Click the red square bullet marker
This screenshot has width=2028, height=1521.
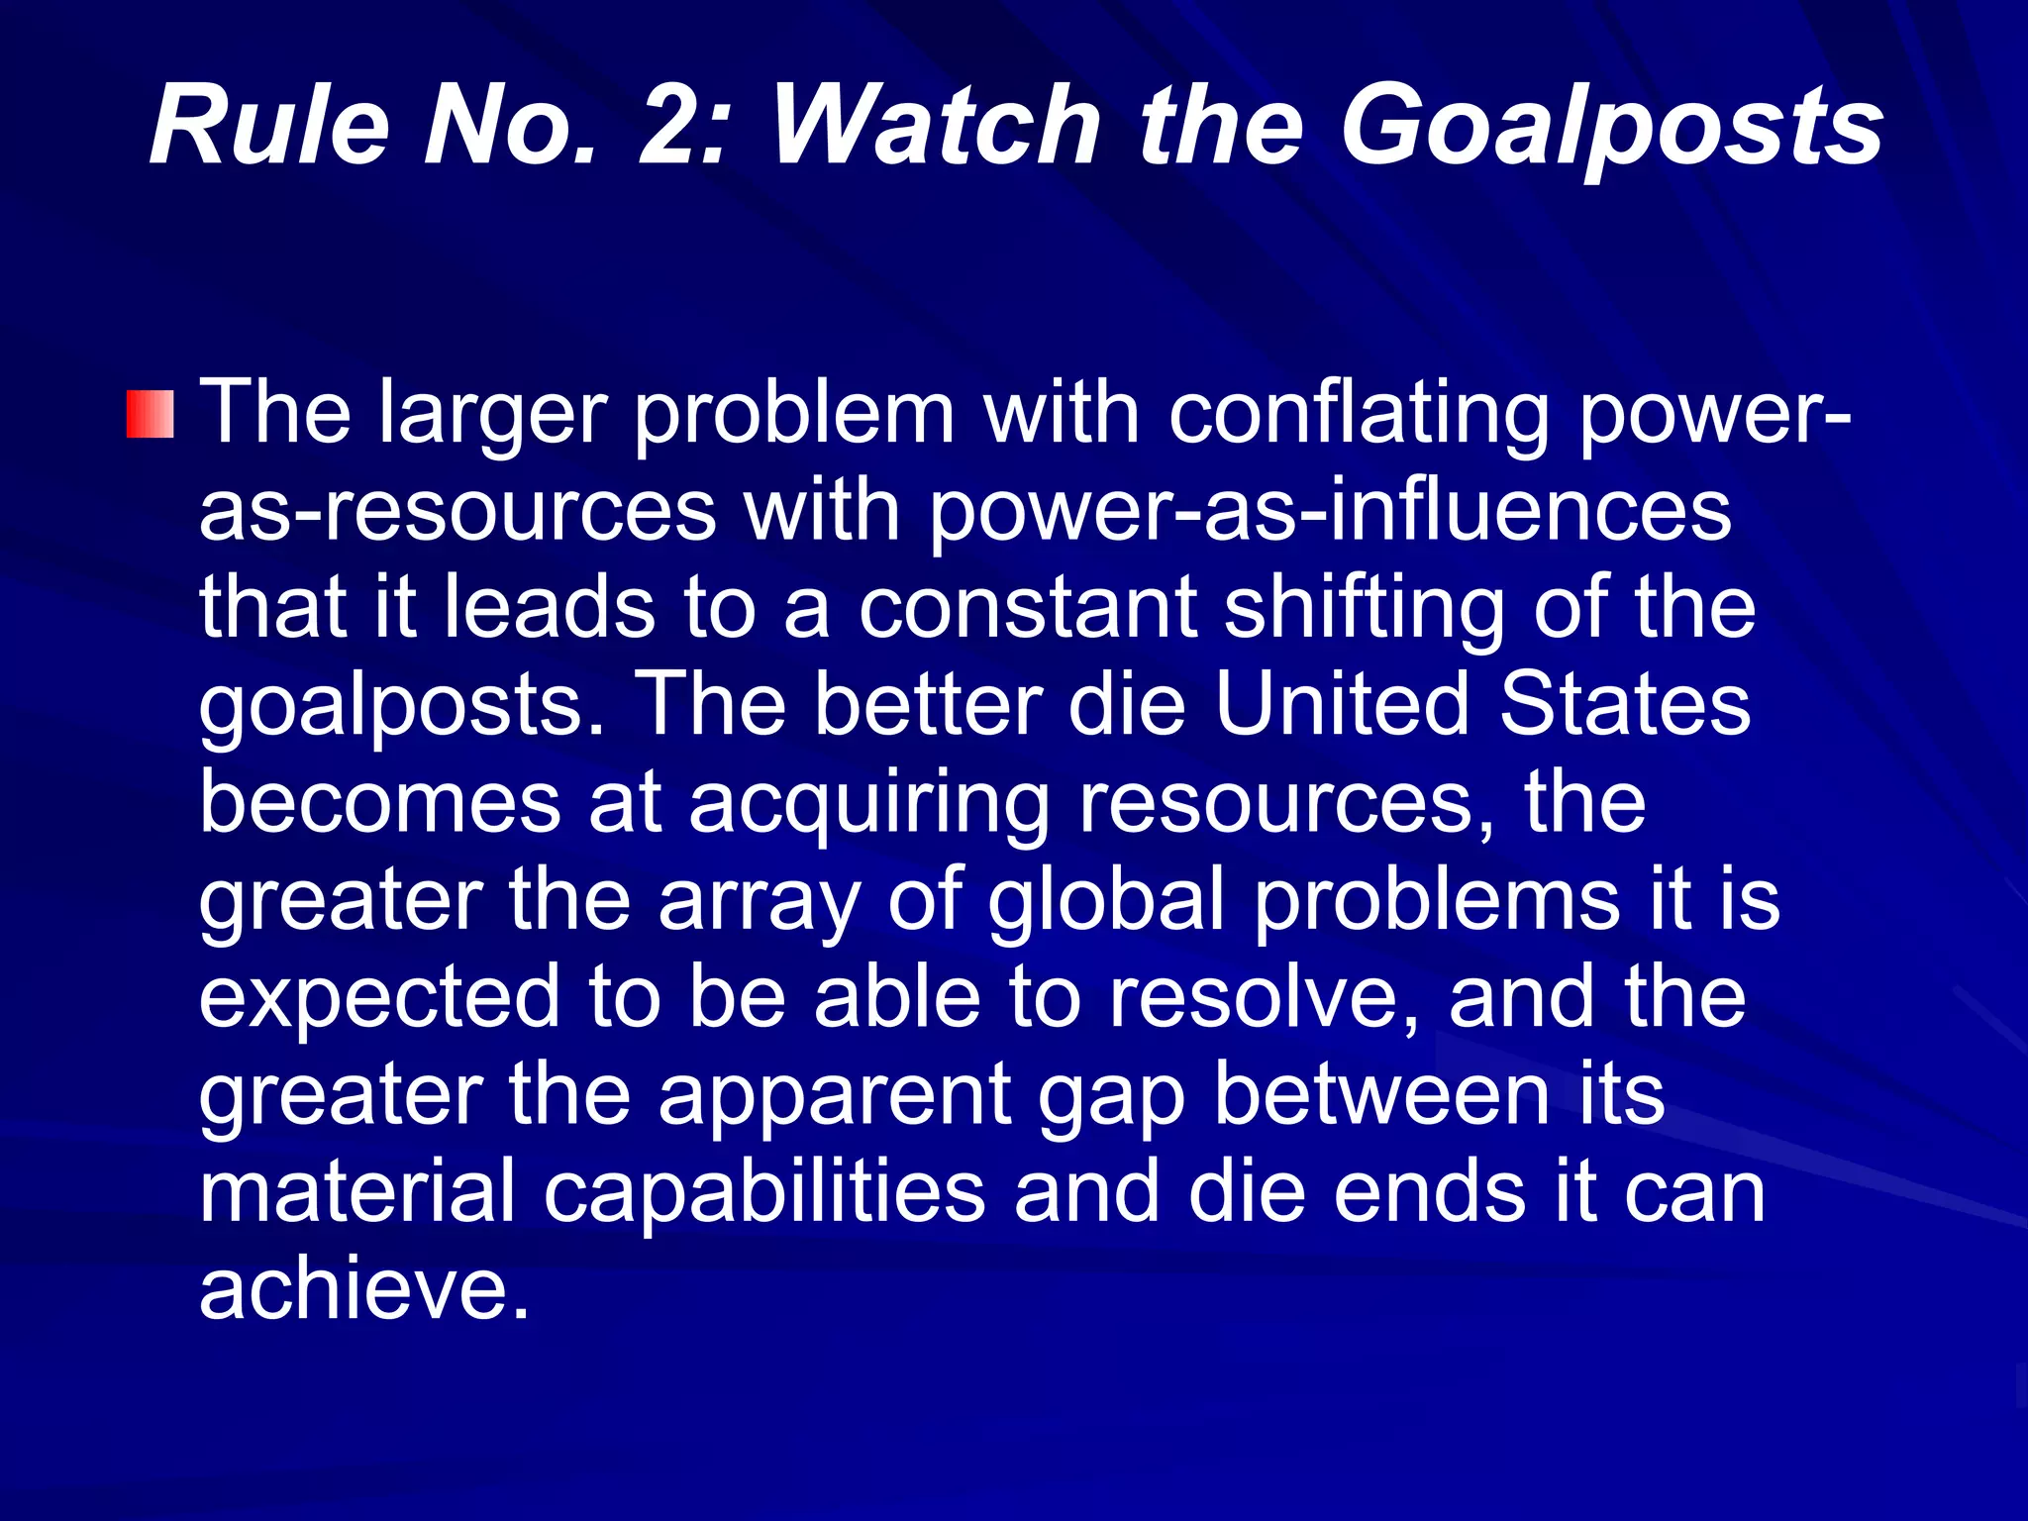tap(151, 414)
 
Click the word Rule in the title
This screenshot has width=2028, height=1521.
tap(268, 127)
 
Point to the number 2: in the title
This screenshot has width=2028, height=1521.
tap(683, 127)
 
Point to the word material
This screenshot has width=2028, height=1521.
tap(357, 1191)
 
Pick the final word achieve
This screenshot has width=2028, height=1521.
tap(363, 1288)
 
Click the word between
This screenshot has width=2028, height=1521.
tap(1381, 1094)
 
